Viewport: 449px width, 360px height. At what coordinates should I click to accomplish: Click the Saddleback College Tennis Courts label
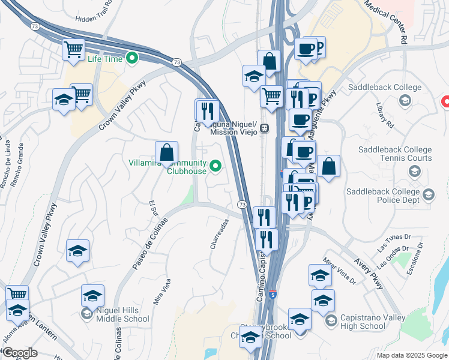point(395,154)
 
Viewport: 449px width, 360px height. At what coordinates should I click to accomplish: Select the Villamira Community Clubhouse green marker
point(214,166)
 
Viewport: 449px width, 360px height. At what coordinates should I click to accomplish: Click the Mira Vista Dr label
point(339,271)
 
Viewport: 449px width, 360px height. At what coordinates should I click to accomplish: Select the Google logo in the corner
point(20,353)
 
